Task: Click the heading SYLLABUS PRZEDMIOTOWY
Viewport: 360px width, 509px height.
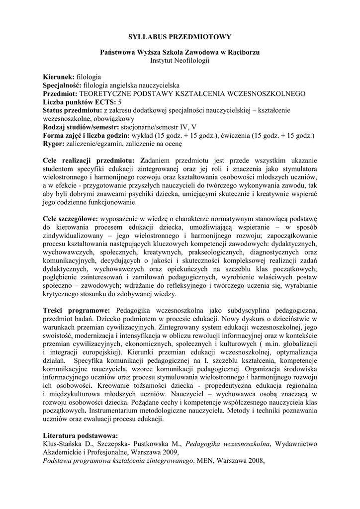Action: click(180, 37)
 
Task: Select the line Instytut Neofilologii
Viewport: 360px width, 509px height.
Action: click(180, 60)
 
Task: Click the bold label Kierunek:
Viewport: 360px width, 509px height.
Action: click(59, 77)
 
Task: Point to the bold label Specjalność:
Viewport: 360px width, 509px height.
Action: click(63, 85)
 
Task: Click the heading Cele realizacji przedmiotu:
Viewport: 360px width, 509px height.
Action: click(89, 160)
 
